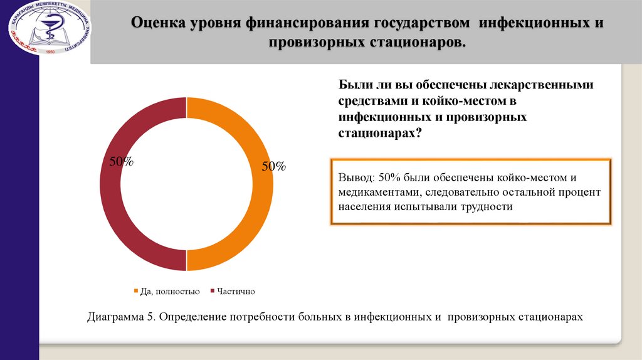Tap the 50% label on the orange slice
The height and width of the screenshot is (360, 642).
(x=273, y=167)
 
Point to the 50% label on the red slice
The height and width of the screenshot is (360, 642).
(x=122, y=162)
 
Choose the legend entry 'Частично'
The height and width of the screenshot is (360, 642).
(x=236, y=292)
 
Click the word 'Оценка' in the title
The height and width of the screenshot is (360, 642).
(x=157, y=23)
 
